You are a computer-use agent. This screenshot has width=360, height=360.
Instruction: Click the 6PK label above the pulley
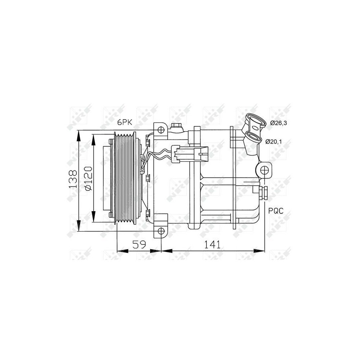coord(125,122)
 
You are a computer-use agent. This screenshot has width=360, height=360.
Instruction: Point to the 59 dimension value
coord(139,244)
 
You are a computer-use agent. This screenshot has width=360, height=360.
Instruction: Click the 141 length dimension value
coord(212,244)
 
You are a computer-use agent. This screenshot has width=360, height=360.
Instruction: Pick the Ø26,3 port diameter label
coord(278,123)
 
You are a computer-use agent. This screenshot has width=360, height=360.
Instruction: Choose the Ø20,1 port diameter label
coord(274,142)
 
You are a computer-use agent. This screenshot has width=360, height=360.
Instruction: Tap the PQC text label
coord(276,210)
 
